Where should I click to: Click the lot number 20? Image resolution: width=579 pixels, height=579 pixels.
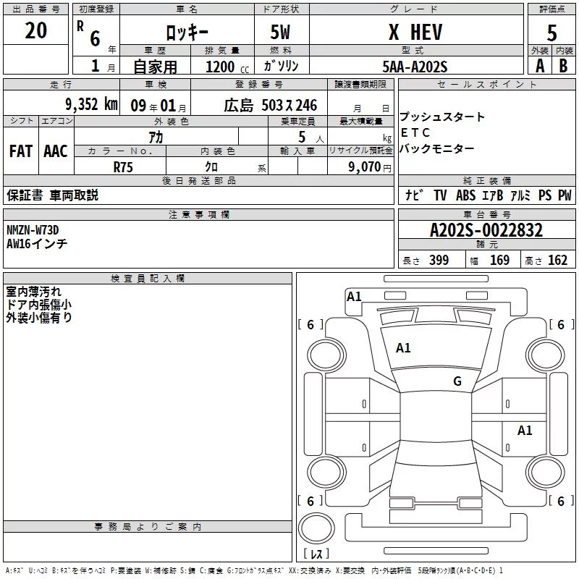coord(35,30)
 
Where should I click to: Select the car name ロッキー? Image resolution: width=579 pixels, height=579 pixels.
coord(187,33)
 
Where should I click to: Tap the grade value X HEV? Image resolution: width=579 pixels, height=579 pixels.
coord(415,32)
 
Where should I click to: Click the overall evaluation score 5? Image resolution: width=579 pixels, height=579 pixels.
coord(551,33)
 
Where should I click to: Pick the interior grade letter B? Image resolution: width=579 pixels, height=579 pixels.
coord(563,66)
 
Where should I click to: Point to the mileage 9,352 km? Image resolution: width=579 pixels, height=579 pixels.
coord(92,104)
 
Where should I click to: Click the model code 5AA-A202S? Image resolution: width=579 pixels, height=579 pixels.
coord(415,67)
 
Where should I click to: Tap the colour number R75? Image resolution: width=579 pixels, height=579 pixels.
coord(123,167)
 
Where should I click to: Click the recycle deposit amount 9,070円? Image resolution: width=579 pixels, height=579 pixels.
coord(370,167)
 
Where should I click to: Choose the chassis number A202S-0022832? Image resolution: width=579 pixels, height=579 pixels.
coord(486,230)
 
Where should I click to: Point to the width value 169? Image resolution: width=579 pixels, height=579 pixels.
coord(499,260)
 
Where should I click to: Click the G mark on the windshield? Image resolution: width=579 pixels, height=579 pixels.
coord(457,381)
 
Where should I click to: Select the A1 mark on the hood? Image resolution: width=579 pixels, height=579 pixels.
coord(403,347)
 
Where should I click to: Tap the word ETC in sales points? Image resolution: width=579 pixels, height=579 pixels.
coord(415,132)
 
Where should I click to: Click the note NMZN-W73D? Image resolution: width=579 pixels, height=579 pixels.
coord(33,230)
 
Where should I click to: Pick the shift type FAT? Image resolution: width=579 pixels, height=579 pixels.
coord(21,151)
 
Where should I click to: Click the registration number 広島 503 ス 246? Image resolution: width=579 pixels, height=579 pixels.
coord(270,105)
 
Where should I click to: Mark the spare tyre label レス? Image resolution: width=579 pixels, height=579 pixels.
coord(316,553)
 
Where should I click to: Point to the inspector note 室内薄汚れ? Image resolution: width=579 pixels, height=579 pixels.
coord(33,292)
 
